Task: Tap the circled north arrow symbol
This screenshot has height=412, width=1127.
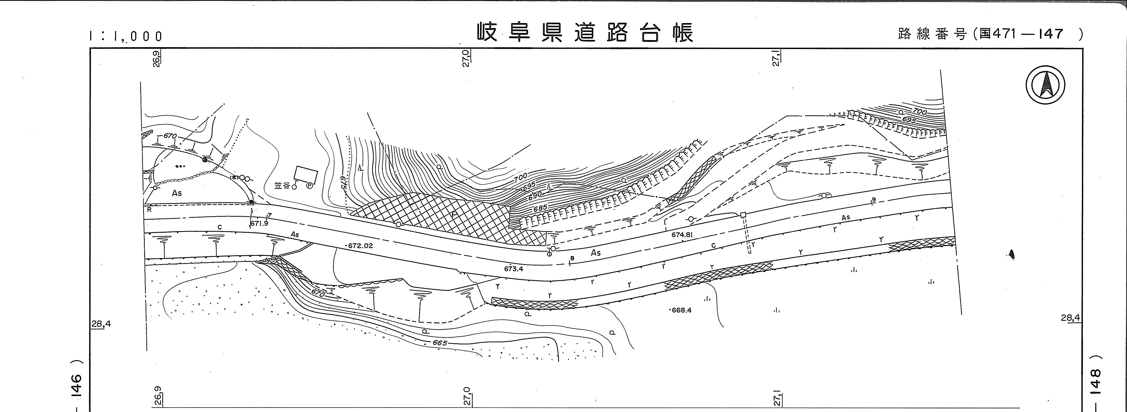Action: click(x=1045, y=85)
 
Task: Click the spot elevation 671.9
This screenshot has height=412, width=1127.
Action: click(x=259, y=223)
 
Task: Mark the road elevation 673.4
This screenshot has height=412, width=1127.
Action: click(x=513, y=269)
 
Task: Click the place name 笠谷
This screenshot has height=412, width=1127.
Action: click(x=282, y=186)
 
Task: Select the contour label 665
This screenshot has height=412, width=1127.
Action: click(x=440, y=343)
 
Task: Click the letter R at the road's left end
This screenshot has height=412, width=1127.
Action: click(x=149, y=209)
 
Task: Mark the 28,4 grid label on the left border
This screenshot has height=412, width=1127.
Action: click(x=101, y=324)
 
